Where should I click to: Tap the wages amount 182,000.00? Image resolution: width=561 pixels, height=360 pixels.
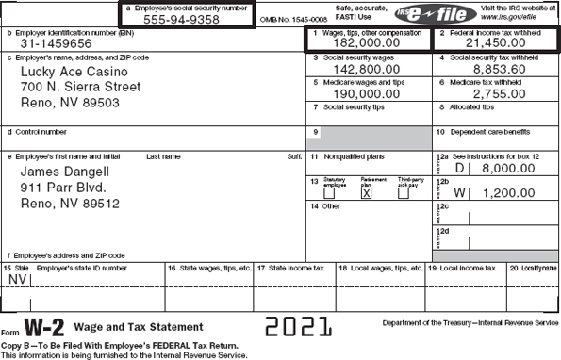pyautogui.click(x=366, y=43)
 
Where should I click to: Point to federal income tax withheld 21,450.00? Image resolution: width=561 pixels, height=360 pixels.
pyautogui.click(x=494, y=43)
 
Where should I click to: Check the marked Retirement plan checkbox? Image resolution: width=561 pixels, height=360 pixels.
pyautogui.click(x=367, y=194)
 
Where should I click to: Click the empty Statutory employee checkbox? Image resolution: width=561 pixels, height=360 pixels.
pyautogui.click(x=329, y=194)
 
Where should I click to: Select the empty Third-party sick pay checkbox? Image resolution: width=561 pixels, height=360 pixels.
pyautogui.click(x=403, y=194)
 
